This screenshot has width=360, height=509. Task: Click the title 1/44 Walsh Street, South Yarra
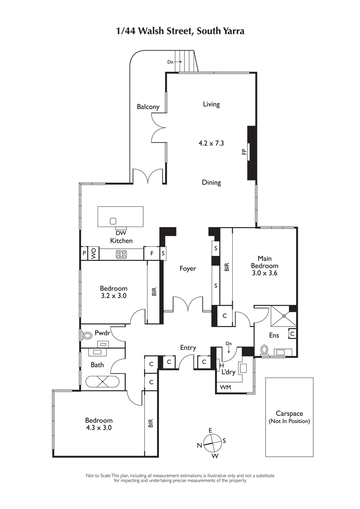180,31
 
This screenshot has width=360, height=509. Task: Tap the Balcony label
148,107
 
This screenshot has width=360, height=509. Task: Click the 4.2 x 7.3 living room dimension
211,143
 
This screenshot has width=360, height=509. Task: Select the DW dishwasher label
121,233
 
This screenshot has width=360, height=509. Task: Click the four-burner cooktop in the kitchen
121,254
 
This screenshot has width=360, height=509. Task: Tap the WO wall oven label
94,253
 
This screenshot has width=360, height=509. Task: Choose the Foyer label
188,269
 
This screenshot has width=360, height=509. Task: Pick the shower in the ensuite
283,316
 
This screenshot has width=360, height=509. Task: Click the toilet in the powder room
85,335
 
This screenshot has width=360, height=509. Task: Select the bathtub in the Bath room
103,381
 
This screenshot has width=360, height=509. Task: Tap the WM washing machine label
225,387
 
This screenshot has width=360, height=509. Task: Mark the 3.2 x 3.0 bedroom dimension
113,296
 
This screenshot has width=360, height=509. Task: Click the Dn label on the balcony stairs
170,62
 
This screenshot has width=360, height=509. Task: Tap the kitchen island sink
112,220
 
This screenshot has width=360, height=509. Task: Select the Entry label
188,348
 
